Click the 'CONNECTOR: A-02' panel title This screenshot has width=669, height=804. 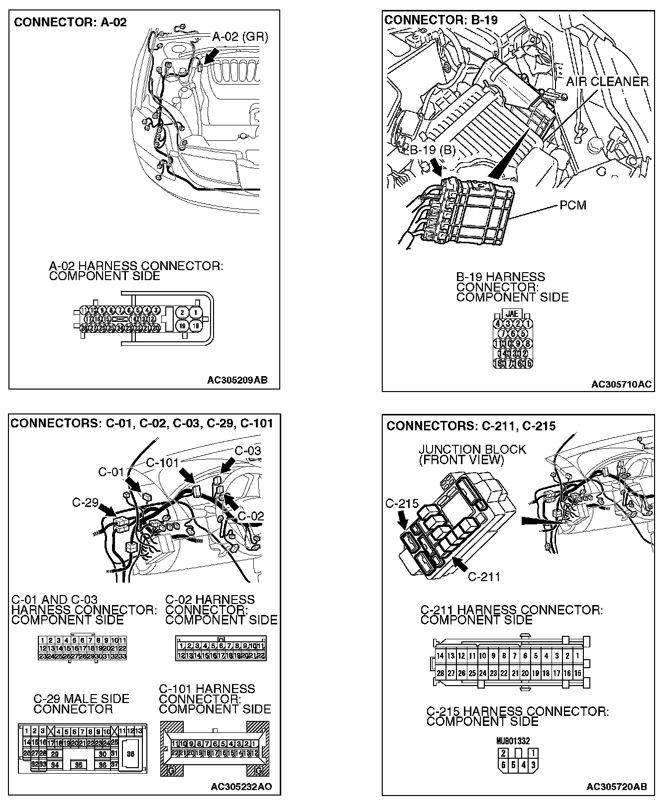click(x=70, y=22)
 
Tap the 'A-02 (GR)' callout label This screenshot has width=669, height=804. click(x=240, y=37)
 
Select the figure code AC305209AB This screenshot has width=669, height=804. click(x=237, y=380)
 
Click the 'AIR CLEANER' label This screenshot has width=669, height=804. click(x=607, y=82)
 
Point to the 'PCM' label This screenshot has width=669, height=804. click(x=573, y=205)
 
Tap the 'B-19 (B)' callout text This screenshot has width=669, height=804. click(x=432, y=150)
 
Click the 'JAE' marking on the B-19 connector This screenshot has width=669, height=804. click(x=512, y=313)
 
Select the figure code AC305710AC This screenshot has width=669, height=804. click(x=621, y=384)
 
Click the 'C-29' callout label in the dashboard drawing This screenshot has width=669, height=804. click(x=85, y=502)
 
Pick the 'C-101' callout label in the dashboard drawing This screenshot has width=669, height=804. click(x=162, y=463)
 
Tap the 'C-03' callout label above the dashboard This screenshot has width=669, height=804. click(x=247, y=451)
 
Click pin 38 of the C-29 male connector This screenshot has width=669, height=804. click(x=130, y=754)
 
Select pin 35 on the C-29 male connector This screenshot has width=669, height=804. click(x=79, y=765)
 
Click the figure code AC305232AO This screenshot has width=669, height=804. click(x=241, y=787)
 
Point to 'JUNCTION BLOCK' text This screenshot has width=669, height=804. click(x=472, y=449)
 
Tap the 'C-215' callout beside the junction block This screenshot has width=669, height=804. click(x=402, y=503)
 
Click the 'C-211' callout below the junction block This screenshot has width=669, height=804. click(x=484, y=577)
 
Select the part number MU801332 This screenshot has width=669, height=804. click(x=513, y=741)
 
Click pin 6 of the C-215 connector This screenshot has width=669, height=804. click(x=504, y=765)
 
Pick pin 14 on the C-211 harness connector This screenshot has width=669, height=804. click(x=440, y=656)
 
